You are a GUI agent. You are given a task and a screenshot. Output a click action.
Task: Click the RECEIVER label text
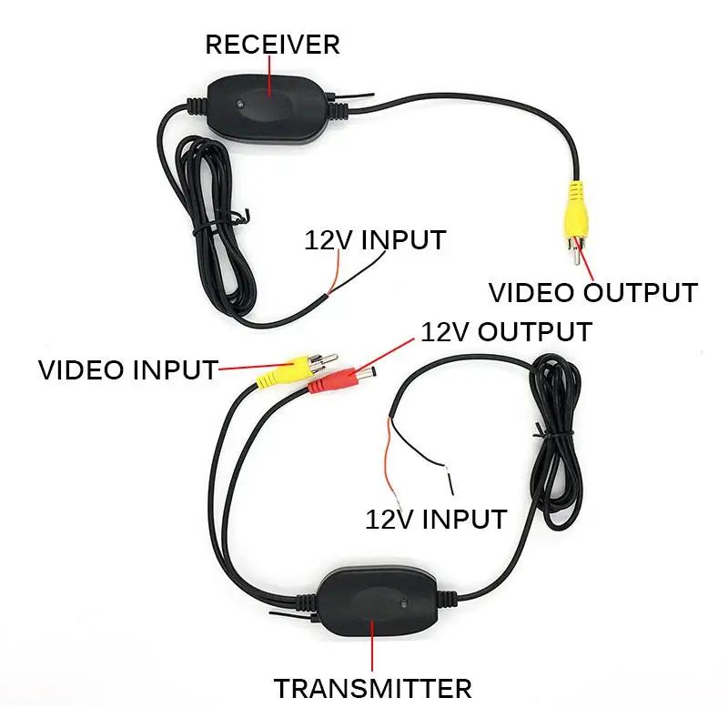272,44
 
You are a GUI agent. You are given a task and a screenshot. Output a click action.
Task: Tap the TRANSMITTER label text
373,688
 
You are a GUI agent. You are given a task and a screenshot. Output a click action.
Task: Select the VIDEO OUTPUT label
592,293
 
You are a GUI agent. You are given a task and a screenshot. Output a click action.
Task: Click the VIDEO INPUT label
127,370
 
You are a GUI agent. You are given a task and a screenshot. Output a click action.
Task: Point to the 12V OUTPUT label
506,331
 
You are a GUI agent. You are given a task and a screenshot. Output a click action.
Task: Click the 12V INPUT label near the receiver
375,240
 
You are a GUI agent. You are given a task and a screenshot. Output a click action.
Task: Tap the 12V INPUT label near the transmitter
435,519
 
